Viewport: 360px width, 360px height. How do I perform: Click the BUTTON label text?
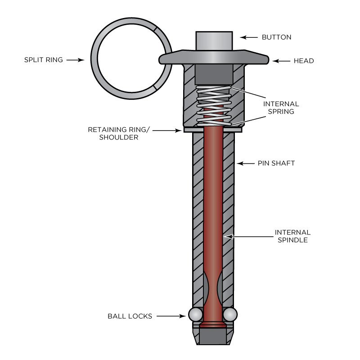pos(276,37)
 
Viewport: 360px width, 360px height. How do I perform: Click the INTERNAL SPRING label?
pos(281,108)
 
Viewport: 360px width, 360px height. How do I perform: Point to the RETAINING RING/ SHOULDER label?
pos(119,134)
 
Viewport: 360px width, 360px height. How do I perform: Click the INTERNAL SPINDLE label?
pos(292,236)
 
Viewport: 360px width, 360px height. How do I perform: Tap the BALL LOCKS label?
pos(130,316)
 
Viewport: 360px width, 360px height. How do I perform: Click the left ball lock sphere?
pos(194,313)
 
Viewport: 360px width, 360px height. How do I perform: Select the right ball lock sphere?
pos(229,313)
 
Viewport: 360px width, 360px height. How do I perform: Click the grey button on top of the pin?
pos(214,41)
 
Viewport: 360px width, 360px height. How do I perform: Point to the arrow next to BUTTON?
pos(248,37)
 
